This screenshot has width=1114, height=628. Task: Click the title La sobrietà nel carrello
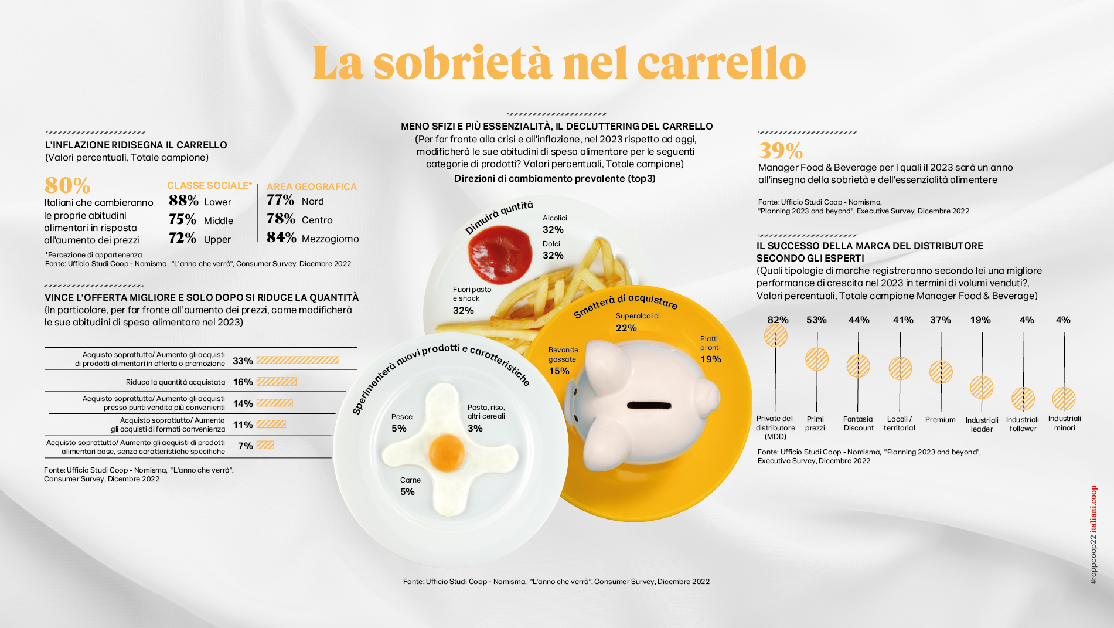559,63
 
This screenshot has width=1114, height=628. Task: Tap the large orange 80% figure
67,185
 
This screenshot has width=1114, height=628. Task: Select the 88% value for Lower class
183,201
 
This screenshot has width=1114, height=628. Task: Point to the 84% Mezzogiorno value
281,237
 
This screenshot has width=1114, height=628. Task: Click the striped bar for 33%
298,361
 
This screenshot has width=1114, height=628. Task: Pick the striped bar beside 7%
265,445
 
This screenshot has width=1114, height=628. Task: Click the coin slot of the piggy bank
649,405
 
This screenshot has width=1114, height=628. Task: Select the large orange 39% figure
781,151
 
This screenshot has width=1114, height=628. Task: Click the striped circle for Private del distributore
775,336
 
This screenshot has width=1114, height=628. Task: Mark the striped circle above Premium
941,372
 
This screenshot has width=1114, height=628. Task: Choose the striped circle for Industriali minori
1064,399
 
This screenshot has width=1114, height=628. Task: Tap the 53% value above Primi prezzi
816,320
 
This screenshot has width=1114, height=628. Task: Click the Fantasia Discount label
859,423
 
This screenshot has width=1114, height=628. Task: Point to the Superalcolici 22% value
626,328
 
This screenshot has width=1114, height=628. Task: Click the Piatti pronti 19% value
710,359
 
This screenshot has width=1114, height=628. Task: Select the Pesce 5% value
399,428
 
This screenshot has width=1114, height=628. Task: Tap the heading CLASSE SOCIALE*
209,185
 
